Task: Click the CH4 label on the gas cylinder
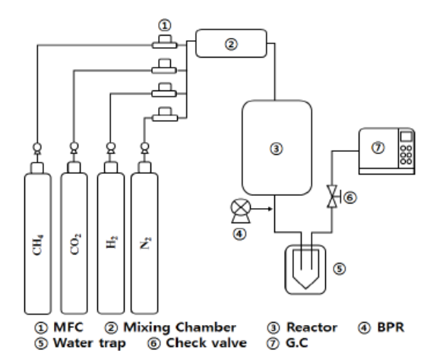(x=37, y=245)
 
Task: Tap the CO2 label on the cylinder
(x=75, y=244)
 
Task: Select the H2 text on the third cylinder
(x=112, y=242)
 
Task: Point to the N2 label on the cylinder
(x=145, y=243)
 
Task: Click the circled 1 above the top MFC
(x=165, y=25)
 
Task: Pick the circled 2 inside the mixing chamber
(x=231, y=44)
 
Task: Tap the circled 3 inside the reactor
(x=277, y=149)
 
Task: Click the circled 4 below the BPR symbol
(x=239, y=234)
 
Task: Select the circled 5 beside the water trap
(x=339, y=269)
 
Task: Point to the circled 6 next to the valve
(x=350, y=197)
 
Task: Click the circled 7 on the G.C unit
(x=378, y=147)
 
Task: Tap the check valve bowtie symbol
(x=332, y=197)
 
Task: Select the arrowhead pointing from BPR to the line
(x=270, y=209)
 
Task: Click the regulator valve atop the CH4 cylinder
(x=37, y=148)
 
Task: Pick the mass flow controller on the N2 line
(x=165, y=115)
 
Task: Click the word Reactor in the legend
(x=312, y=327)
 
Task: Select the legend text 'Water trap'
(x=90, y=343)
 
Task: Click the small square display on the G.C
(x=405, y=137)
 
